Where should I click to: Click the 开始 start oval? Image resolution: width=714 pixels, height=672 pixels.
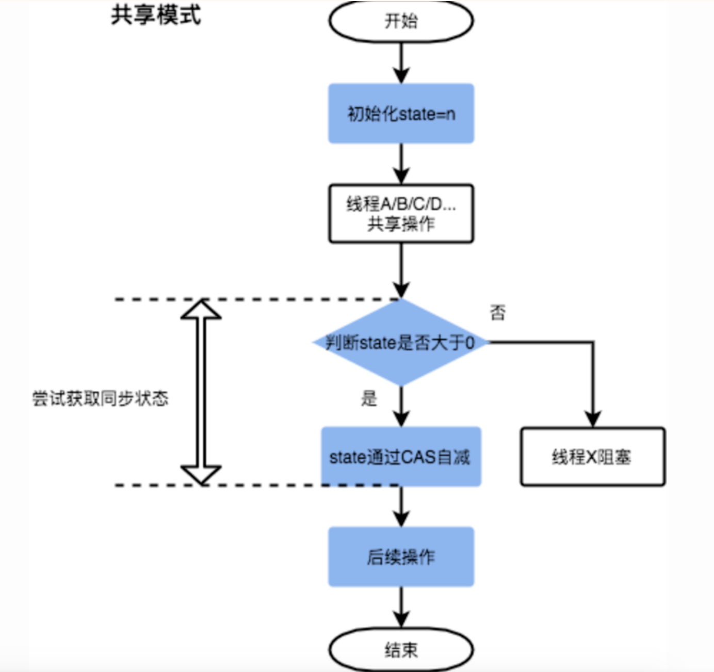point(401,21)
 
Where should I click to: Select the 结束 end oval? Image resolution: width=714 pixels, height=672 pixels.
point(401,650)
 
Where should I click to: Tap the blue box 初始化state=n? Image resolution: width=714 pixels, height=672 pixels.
point(401,114)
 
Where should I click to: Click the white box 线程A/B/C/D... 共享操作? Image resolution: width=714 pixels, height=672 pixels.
point(401,214)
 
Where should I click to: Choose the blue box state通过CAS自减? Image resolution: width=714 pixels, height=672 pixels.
point(401,456)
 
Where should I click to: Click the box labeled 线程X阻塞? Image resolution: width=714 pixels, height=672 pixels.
point(592,456)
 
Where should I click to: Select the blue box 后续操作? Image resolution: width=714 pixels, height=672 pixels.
point(401,556)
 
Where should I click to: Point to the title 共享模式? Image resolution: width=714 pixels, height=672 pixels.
point(156,15)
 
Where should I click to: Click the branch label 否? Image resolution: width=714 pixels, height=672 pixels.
point(498,313)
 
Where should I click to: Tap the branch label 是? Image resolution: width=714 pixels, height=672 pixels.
point(369,398)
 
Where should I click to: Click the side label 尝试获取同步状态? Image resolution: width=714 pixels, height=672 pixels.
point(100,398)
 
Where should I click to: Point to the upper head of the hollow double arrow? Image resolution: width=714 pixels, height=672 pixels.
point(201,309)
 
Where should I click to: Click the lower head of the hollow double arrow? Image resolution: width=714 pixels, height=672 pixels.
point(201,475)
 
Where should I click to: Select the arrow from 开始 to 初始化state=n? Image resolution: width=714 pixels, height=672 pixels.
point(401,63)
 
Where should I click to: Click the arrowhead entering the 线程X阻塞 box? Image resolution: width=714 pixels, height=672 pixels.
point(593,420)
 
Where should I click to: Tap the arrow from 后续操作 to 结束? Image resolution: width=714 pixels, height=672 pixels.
point(401,607)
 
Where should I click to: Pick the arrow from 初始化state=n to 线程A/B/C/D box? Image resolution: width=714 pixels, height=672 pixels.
point(401,164)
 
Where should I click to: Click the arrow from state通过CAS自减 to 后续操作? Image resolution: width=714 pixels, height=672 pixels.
point(401,506)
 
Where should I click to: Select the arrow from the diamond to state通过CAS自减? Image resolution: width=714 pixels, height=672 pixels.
point(401,407)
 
